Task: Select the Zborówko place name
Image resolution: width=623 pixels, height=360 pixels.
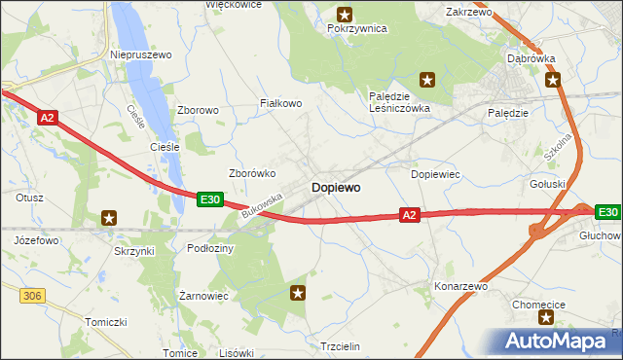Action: (x=252, y=173)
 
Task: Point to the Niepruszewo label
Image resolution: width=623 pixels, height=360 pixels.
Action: (x=141, y=55)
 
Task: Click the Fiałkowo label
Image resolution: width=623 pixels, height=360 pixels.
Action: (x=281, y=102)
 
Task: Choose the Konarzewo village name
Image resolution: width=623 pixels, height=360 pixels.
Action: (x=461, y=287)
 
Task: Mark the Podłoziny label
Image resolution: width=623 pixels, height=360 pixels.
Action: (x=210, y=248)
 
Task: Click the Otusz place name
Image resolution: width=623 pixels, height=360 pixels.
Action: (x=29, y=197)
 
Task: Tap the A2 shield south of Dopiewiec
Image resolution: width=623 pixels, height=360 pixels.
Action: (x=410, y=214)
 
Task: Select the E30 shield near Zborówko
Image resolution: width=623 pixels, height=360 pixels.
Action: (x=210, y=198)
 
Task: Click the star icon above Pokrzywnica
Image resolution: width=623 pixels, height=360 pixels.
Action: (x=345, y=14)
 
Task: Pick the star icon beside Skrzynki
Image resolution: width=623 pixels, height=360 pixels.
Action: (x=109, y=218)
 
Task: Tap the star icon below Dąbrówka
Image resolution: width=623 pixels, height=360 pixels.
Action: (x=553, y=80)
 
